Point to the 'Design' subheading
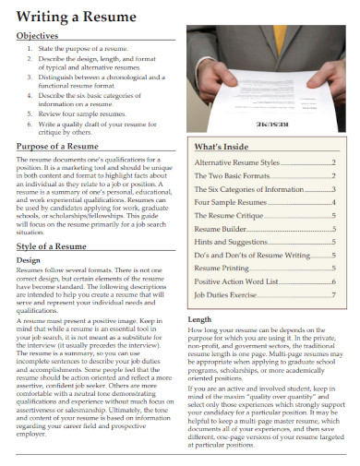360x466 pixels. pos(30,260)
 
